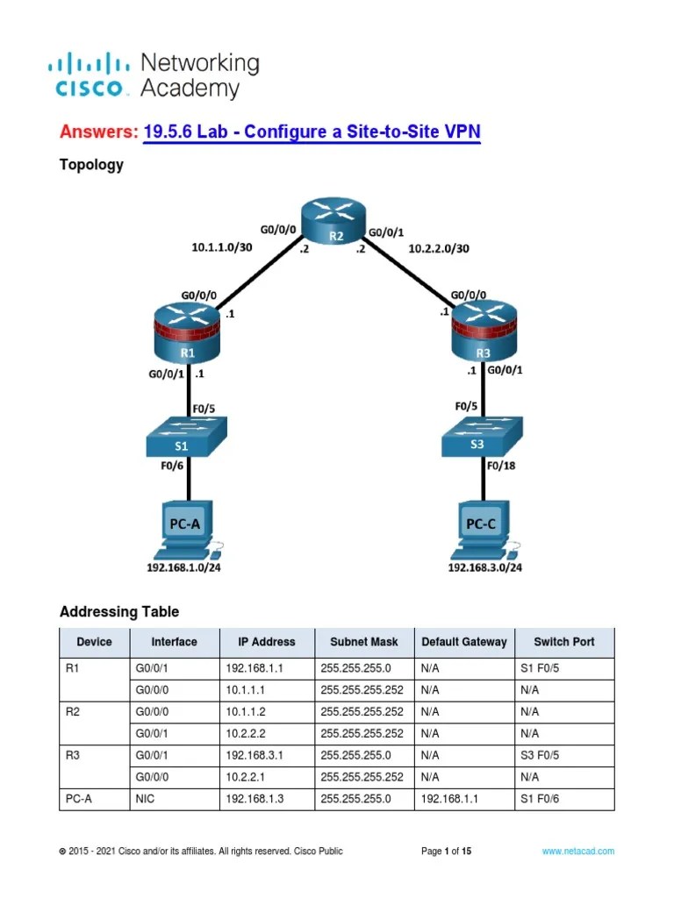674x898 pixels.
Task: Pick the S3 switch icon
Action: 482,436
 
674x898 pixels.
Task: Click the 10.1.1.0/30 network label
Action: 222,247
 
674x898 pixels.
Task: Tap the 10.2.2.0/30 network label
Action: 438,248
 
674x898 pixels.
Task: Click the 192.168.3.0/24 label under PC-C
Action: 484,568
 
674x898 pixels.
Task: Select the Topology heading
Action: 91,165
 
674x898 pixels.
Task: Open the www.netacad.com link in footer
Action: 577,851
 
